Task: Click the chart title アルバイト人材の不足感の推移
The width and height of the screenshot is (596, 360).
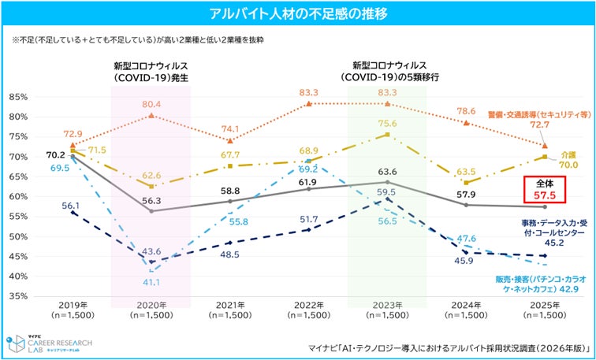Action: (298, 13)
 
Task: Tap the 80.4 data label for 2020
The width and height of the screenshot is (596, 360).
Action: (151, 104)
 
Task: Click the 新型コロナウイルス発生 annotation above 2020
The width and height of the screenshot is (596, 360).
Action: (151, 72)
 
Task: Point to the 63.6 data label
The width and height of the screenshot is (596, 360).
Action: (386, 172)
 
